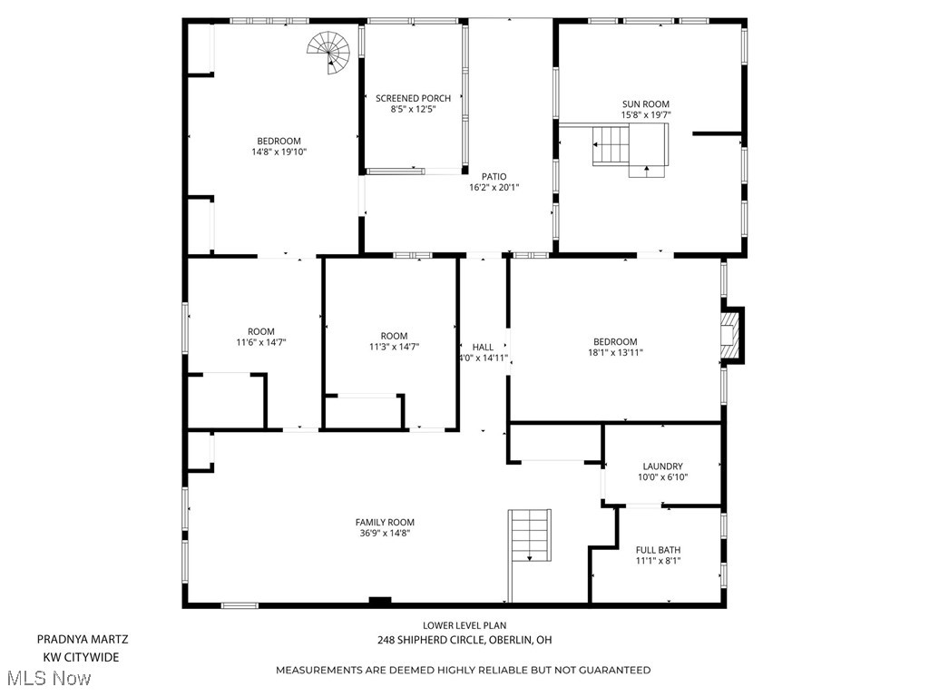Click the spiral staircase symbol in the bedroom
329,53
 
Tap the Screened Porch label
413,98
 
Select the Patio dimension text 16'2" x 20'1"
494,188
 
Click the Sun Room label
645,104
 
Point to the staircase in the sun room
630,146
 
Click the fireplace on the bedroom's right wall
731,336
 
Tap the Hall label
483,347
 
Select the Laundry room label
662,466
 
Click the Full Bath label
658,550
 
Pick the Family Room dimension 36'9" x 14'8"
385,534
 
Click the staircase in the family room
530,536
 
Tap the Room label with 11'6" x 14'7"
261,332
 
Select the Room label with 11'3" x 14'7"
394,336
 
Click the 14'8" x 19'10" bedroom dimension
279,152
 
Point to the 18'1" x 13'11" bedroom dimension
615,353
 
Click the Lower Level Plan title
464,625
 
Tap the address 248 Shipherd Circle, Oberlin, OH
464,640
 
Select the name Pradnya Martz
83,639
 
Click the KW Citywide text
81,657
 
